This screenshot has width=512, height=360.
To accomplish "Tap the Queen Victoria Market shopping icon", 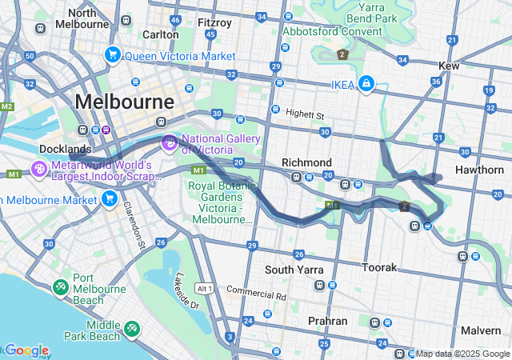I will pyautogui.click(x=112, y=55).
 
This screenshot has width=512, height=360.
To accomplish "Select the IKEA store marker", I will pyautogui.click(x=366, y=83).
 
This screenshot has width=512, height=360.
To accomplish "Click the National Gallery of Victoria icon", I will pyautogui.click(x=170, y=143).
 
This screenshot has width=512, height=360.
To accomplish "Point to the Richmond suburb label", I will pyautogui.click(x=306, y=162).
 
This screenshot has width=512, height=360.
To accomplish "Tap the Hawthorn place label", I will pyautogui.click(x=479, y=170).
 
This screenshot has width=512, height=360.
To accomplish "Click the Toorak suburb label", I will pyautogui.click(x=381, y=266).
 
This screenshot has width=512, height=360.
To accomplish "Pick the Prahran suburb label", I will pyautogui.click(x=327, y=321).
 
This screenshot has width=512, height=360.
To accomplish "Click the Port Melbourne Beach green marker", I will pyautogui.click(x=61, y=286).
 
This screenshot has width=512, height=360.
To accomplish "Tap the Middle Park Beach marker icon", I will pyautogui.click(x=131, y=328).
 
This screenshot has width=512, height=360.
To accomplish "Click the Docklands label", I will pyautogui.click(x=66, y=150).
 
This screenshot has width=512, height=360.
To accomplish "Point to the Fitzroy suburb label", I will pyautogui.click(x=214, y=22).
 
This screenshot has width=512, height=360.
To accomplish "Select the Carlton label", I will pyautogui.click(x=160, y=34).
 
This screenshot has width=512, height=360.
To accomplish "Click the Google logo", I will pyautogui.click(x=26, y=350).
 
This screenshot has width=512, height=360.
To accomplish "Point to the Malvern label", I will pyautogui.click(x=481, y=330).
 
